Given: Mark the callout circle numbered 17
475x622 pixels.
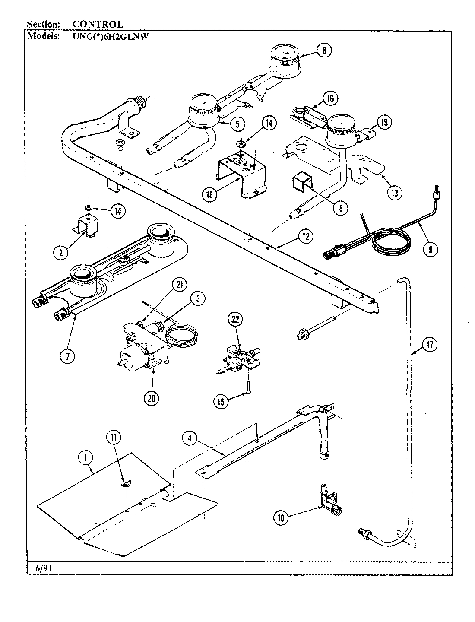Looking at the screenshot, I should [430, 345].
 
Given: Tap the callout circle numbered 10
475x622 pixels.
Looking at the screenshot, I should [281, 518].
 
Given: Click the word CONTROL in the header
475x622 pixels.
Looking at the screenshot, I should [98, 25].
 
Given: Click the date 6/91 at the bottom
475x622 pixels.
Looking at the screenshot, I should [44, 568].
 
